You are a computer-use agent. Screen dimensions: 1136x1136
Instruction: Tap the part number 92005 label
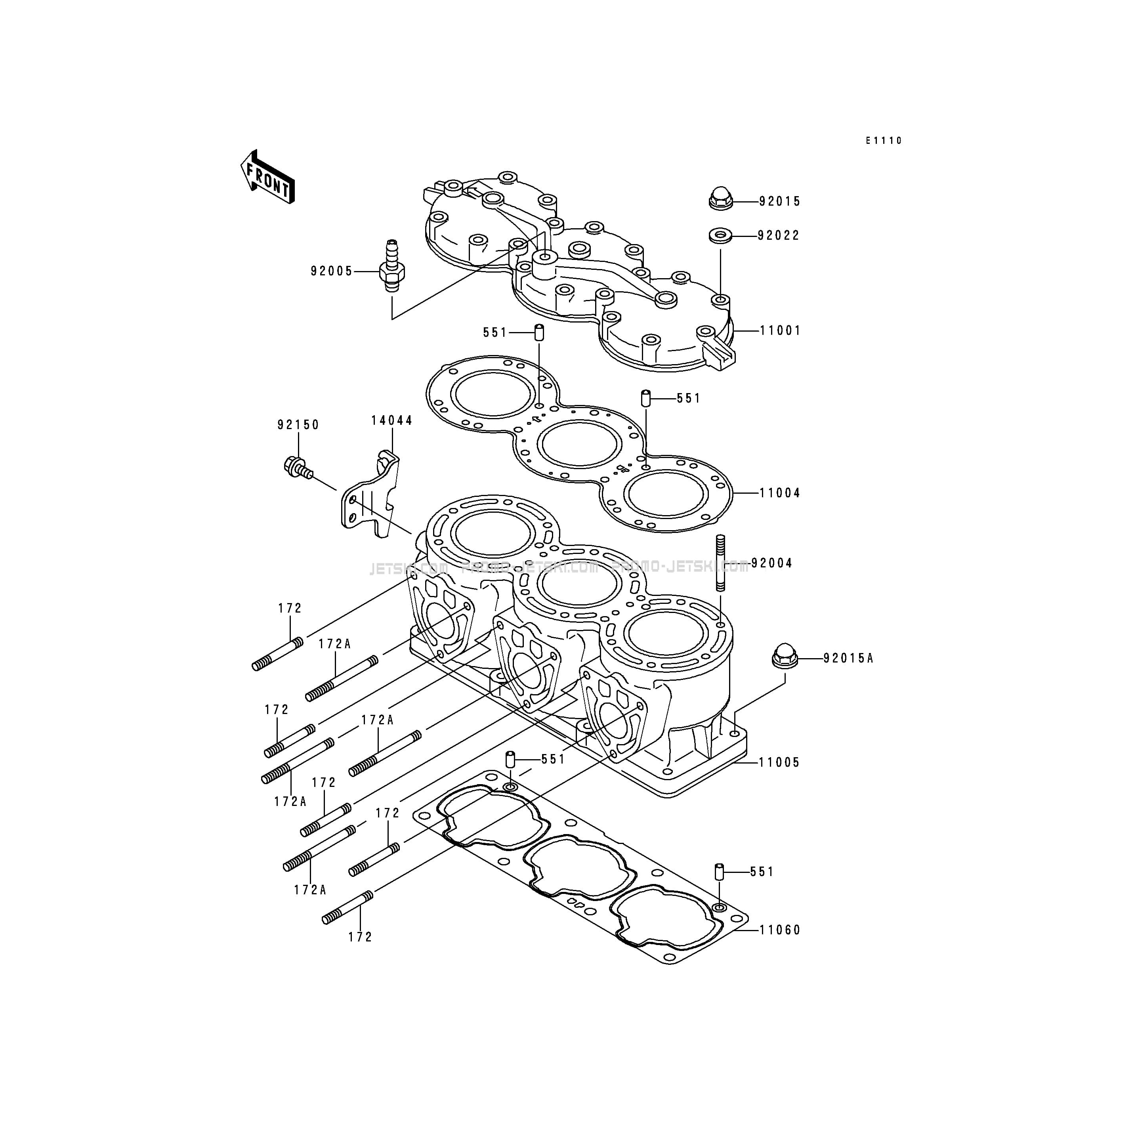332,271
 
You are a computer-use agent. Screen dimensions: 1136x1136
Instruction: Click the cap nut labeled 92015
720,199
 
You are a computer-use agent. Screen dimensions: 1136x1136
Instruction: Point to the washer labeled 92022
720,236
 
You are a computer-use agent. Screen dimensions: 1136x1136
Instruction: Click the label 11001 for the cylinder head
780,330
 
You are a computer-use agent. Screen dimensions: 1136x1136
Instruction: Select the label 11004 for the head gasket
780,493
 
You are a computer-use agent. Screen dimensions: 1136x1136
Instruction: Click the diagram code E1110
883,141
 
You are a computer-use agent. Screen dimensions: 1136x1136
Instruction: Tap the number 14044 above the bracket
391,420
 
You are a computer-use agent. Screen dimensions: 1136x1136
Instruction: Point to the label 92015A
848,659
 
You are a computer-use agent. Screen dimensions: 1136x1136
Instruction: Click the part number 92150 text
298,424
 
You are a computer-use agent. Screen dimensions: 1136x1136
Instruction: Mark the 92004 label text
771,563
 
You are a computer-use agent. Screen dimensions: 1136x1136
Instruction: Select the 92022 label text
779,236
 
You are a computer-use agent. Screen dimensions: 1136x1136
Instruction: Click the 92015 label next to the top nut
780,201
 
